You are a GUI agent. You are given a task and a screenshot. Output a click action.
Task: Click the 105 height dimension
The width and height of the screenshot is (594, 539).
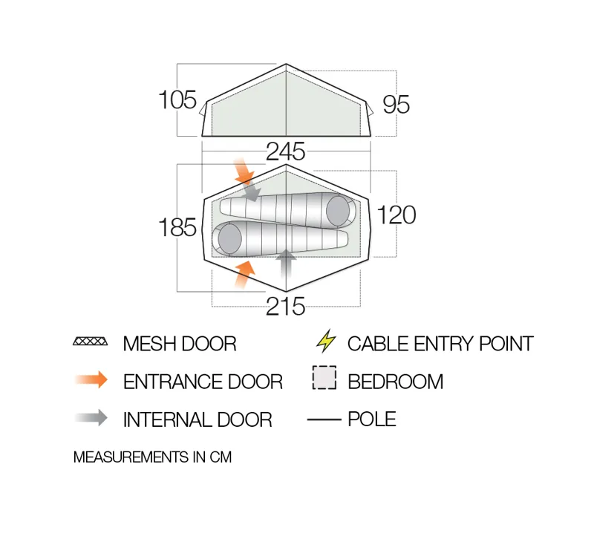tap(177, 99)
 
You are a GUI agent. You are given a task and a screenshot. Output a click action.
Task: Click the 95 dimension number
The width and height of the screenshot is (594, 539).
tap(396, 105)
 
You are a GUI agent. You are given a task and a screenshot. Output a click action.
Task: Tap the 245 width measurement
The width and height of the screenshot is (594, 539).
tap(286, 151)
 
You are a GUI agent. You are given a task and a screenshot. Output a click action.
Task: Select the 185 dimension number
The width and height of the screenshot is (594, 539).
tap(177, 228)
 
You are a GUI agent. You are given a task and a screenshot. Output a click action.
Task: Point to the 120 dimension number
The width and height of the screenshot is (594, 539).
tap(396, 215)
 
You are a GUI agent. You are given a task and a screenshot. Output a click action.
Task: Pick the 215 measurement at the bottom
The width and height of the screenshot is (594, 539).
tap(286, 306)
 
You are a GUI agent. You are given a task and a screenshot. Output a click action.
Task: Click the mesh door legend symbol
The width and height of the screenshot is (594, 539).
tap(91, 343)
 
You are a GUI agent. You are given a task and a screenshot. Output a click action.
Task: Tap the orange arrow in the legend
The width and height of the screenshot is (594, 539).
tap(91, 381)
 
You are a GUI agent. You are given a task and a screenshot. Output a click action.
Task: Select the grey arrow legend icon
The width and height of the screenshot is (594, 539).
tap(91, 418)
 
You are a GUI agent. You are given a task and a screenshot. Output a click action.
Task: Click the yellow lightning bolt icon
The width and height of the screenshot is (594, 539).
tap(325, 342)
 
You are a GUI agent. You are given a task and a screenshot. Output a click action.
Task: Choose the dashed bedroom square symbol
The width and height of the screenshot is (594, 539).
tap(324, 379)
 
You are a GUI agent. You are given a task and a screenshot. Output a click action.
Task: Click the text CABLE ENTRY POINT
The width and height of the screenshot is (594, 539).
tap(440, 344)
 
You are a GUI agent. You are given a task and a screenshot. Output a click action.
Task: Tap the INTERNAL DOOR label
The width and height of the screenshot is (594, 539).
tap(198, 419)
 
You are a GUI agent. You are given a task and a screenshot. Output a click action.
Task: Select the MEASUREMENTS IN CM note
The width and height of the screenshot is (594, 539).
tap(152, 457)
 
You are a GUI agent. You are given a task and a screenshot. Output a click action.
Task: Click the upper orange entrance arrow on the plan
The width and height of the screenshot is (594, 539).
tap(243, 171)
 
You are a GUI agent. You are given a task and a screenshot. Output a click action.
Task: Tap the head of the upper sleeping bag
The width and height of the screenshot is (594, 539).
tap(339, 210)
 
